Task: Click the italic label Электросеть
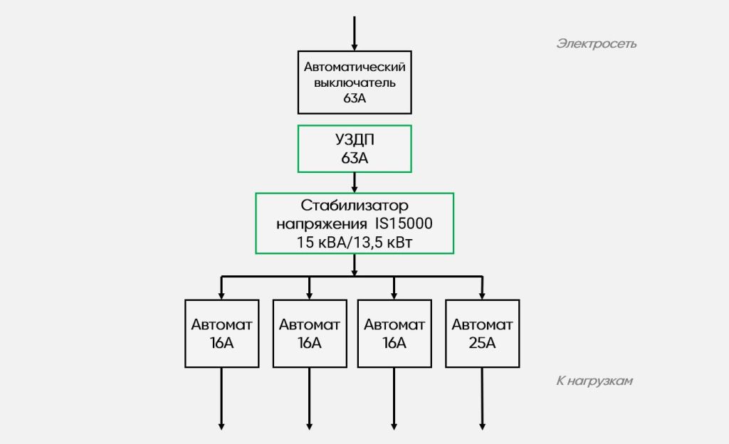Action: pos(596,44)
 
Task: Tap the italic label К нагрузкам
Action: pos(594,381)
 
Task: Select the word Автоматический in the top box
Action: pos(355,67)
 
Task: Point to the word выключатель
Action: pos(355,83)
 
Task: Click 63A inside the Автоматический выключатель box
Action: pos(355,98)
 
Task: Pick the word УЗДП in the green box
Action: pos(355,139)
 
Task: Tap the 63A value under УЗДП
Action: pos(355,159)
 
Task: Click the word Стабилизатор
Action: pos(355,206)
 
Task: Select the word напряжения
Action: pos(322,224)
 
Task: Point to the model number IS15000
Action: pos(404,223)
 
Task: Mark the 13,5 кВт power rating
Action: pos(382,243)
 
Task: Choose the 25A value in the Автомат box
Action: pos(482,343)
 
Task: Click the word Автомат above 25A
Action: pos(482,324)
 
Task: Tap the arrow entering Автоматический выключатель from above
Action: pos(355,33)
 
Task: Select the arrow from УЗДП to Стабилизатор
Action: pos(355,183)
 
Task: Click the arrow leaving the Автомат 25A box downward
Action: pos(482,399)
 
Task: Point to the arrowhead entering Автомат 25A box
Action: pos(482,296)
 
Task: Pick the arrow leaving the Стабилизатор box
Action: pos(355,265)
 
